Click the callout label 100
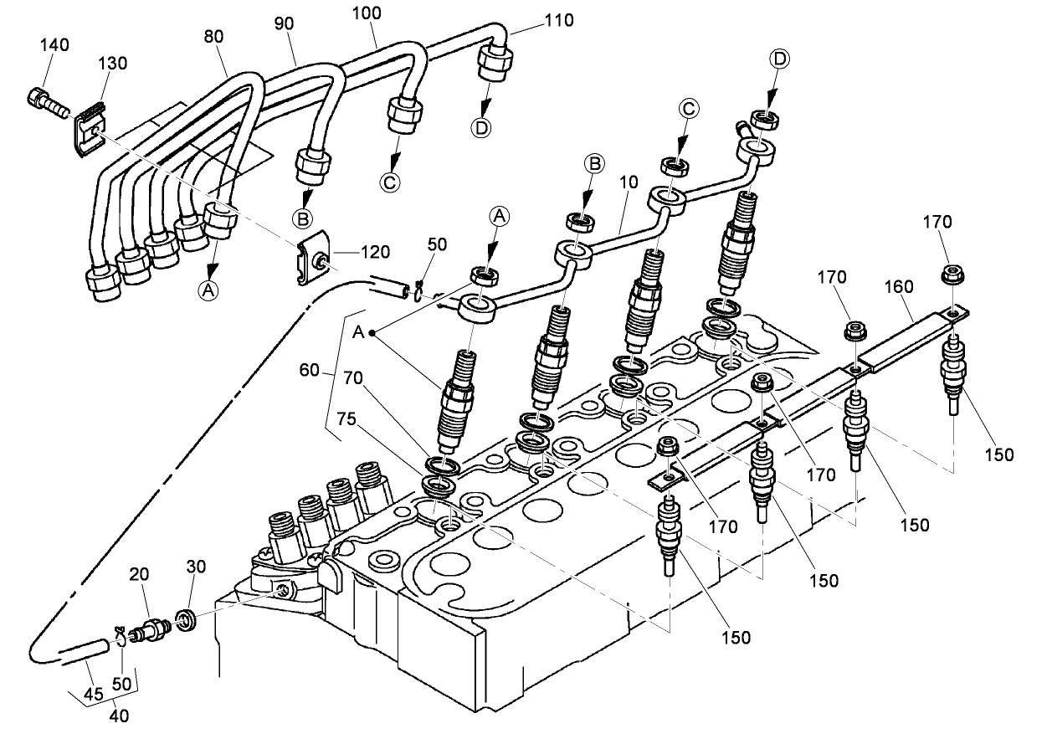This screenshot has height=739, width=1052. [366, 14]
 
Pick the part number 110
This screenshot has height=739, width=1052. [559, 19]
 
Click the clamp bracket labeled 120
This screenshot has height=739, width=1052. [312, 262]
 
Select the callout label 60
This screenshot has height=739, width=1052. [310, 370]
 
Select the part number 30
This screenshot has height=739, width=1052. [197, 567]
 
